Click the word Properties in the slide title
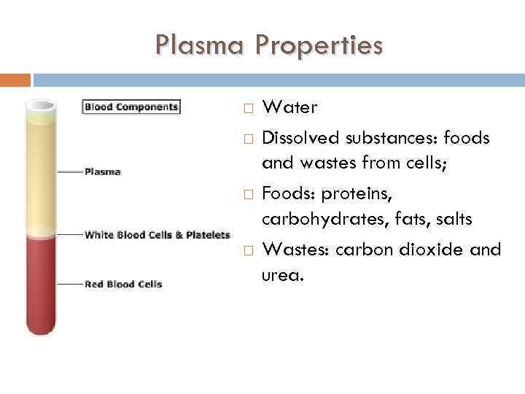tap(318, 46)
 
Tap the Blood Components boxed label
tap(131, 107)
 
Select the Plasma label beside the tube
tap(103, 172)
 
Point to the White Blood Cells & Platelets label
tap(157, 235)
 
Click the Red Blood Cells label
tap(123, 284)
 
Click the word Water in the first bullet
tap(289, 108)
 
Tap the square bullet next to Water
tap(248, 109)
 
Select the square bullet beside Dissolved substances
tap(248, 138)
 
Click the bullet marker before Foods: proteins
tap(248, 194)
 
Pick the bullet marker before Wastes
tap(248, 250)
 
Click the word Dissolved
tap(299, 137)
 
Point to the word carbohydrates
tap(315, 219)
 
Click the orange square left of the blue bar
tap(15, 80)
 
